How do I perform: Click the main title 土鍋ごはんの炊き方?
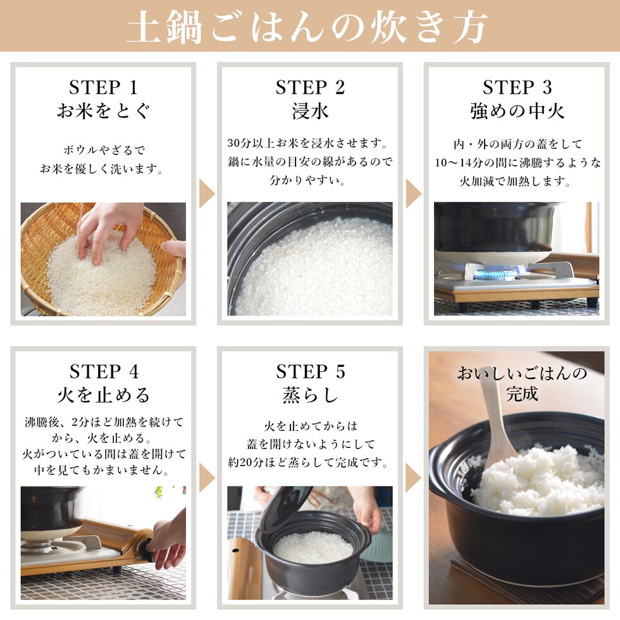click(307, 27)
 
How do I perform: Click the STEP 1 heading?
click(104, 87)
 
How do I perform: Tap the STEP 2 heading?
click(310, 87)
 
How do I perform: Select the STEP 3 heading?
click(517, 87)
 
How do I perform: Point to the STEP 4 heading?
click(104, 372)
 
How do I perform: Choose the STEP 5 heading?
click(311, 372)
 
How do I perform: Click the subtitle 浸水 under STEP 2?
click(310, 111)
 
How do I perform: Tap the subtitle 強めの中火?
click(517, 111)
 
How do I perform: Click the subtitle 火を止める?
click(104, 395)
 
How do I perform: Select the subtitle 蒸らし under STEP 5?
click(311, 395)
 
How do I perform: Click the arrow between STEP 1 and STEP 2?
click(206, 194)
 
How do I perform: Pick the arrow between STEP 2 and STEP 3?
click(414, 194)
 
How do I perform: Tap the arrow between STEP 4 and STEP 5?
click(206, 478)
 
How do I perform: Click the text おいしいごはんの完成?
click(522, 383)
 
